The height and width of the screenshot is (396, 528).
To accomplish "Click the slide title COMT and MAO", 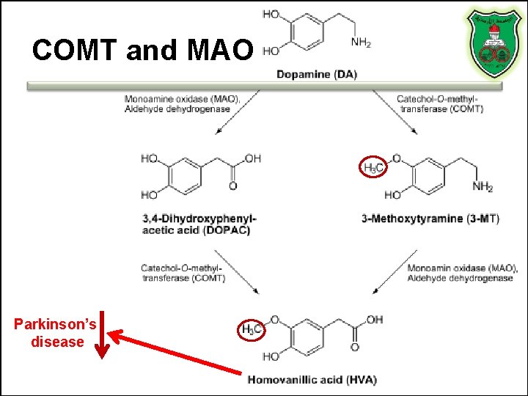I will click(x=143, y=50).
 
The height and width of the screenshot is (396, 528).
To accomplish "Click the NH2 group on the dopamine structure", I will click(x=361, y=43).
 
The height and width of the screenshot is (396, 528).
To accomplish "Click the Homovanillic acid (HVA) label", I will click(x=312, y=379).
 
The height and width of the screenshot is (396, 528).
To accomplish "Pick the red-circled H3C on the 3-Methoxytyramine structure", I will click(x=373, y=168).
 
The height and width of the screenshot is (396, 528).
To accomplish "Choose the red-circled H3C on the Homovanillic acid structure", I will click(x=251, y=329).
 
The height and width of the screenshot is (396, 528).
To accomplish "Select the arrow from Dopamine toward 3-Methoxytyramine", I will click(x=396, y=114).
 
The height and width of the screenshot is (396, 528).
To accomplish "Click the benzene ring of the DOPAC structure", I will click(x=181, y=177).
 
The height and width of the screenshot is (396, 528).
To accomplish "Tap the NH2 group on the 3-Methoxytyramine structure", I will click(x=483, y=188).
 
